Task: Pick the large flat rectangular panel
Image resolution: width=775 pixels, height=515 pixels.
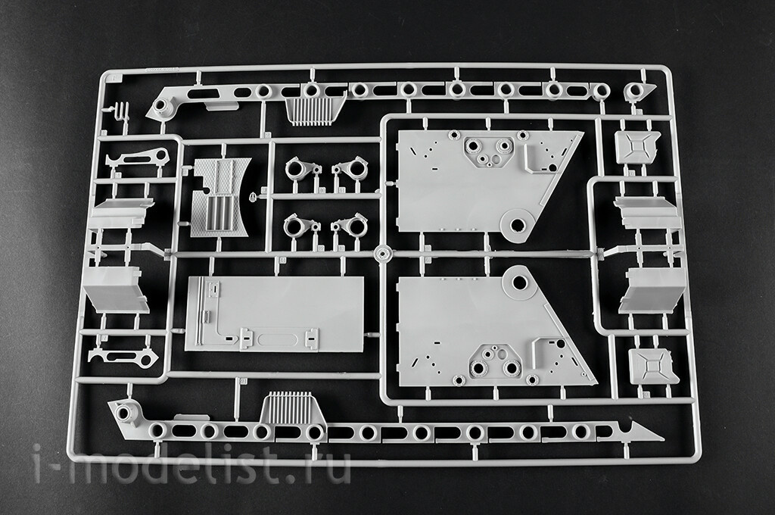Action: (275, 314)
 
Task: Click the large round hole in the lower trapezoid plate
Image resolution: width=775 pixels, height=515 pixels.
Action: (519, 282)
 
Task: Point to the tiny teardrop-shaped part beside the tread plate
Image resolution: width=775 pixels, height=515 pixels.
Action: (253, 197)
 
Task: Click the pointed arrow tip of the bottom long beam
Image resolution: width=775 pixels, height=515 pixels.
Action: (663, 439)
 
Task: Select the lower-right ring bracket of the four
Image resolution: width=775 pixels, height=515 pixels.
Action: (349, 226)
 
